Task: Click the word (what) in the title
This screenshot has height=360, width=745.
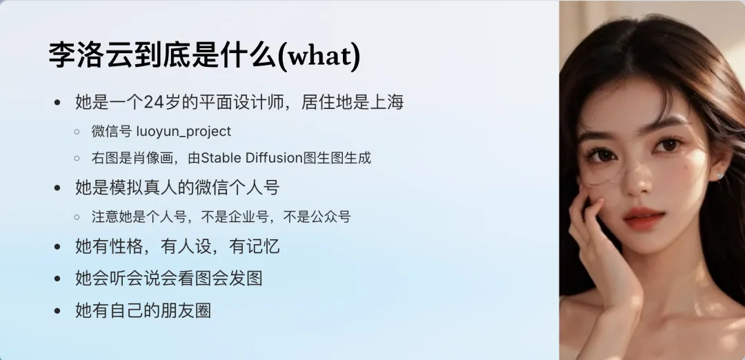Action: click(x=318, y=56)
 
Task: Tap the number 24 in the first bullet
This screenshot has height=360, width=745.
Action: click(x=153, y=102)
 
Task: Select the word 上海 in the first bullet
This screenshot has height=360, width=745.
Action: click(x=388, y=102)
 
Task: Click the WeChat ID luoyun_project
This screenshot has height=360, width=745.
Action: click(x=183, y=132)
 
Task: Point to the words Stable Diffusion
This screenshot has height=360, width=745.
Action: click(x=252, y=158)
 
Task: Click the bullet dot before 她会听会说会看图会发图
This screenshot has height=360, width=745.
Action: click(x=58, y=279)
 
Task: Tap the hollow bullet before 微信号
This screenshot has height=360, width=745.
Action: click(x=77, y=132)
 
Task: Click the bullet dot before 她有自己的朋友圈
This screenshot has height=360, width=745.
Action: click(x=58, y=311)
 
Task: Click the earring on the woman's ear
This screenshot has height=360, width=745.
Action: click(x=719, y=176)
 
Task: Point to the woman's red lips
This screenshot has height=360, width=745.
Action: click(x=644, y=219)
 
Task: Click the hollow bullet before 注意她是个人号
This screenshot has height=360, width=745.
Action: click(x=77, y=217)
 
